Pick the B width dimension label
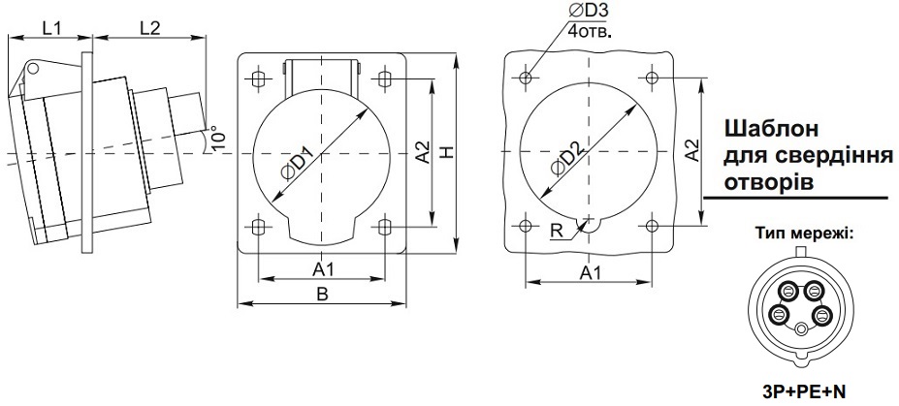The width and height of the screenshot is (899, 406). tap(322, 294)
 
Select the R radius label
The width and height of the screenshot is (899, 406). tap(556, 231)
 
